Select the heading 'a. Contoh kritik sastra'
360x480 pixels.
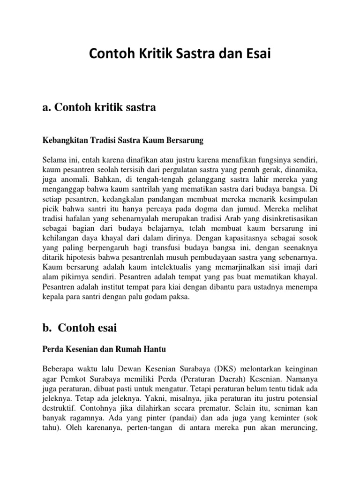click(99, 108)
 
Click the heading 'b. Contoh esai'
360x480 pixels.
click(79, 328)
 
